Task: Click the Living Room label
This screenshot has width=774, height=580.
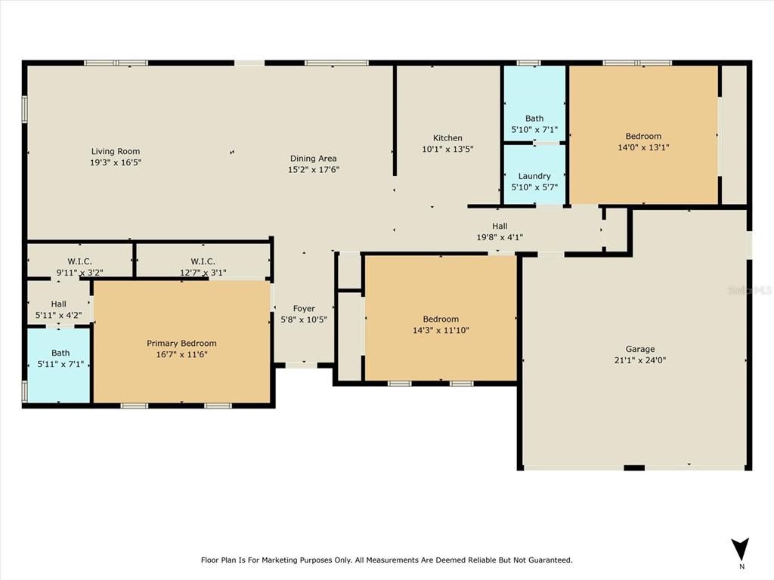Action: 116,151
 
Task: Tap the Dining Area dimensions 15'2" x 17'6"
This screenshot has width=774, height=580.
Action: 313,170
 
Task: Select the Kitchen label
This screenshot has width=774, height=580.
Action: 447,138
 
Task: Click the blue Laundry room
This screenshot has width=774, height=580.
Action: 534,175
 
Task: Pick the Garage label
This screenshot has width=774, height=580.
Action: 640,349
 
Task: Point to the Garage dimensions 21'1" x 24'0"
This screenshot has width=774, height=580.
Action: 640,360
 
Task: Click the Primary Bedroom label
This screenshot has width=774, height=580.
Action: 181,344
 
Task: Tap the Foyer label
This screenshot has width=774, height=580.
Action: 304,308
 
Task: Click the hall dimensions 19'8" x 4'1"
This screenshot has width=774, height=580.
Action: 500,237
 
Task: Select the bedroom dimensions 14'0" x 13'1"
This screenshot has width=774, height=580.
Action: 643,148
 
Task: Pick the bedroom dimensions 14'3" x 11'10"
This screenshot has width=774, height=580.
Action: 441,330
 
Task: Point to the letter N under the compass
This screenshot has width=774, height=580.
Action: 741,566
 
